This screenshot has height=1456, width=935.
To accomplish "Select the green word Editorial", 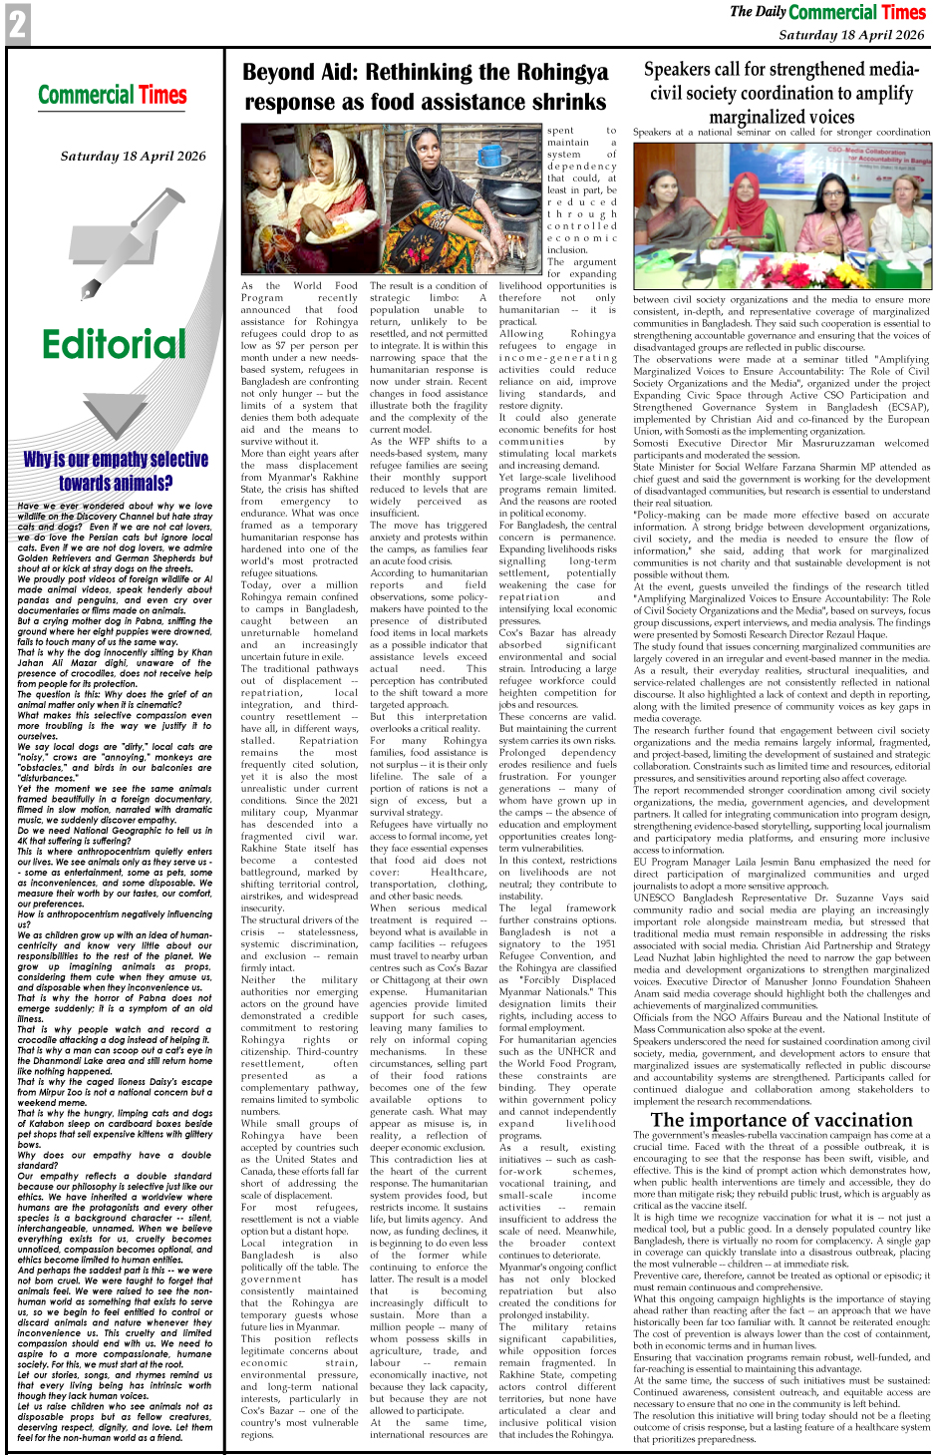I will point(114,344).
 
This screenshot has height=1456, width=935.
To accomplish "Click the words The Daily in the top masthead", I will point(758,12).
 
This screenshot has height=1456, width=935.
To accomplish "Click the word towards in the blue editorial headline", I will point(86,484).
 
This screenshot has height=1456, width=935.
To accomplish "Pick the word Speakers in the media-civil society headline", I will point(687,70).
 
